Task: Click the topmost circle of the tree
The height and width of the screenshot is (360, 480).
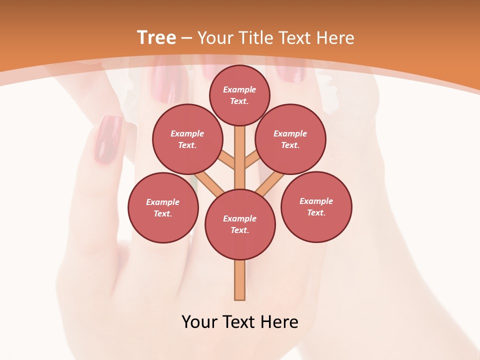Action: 239,95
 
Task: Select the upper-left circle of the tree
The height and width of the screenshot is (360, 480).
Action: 187,139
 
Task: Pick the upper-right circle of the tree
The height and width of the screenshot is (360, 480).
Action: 290,139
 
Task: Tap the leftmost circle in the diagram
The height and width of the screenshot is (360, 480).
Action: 163,207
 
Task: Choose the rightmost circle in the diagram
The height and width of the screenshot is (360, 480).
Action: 316,206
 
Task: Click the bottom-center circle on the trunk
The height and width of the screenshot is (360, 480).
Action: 240,224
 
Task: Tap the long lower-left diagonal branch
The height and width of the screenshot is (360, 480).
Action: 209,182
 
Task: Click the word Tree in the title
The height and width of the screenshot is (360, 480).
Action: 156,37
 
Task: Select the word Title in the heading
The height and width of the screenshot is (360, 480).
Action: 255,37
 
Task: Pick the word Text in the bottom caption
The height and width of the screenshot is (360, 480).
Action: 240,321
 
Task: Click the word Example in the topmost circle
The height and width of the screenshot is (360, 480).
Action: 239,89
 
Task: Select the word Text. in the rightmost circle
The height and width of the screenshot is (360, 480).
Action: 316,212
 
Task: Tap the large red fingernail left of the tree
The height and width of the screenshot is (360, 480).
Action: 108,140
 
